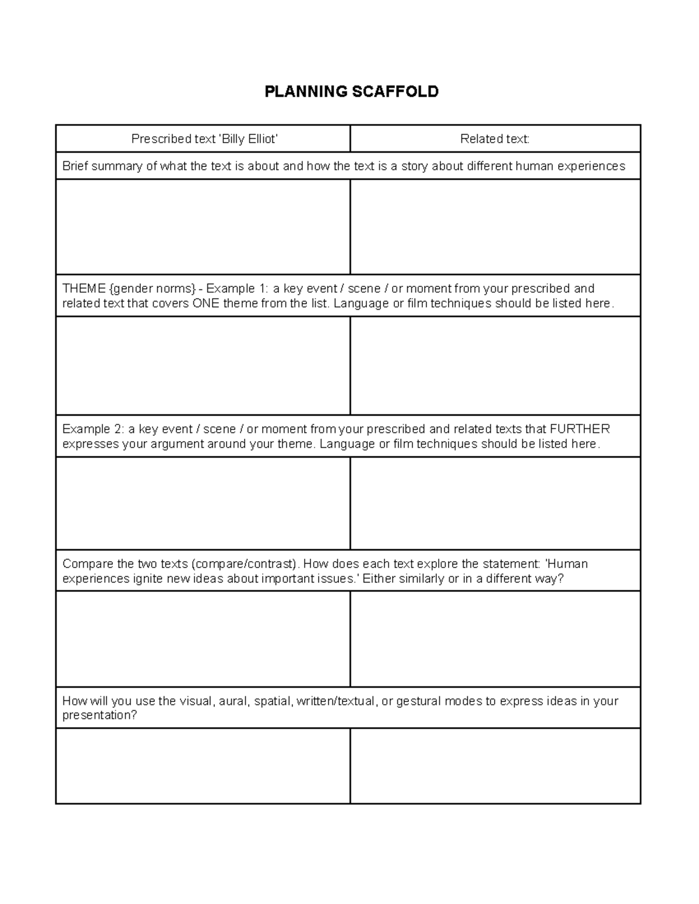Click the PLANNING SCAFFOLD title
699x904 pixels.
[351, 91]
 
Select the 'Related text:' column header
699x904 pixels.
[495, 139]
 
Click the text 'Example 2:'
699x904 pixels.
[93, 429]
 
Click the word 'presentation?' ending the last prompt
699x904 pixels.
[100, 715]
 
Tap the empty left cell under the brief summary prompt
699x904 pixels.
[203, 226]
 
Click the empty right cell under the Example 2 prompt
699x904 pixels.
[495, 503]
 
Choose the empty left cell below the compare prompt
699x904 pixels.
[203, 639]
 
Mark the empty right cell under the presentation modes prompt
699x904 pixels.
[495, 765]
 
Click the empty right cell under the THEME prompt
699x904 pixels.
[495, 365]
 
